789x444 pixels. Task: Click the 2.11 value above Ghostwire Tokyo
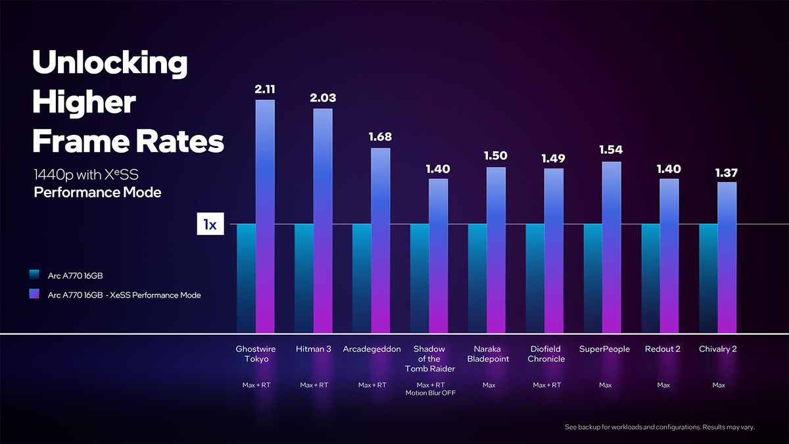[x=265, y=89]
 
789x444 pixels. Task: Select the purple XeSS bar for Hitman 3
[x=323, y=220]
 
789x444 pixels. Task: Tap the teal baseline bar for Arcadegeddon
[x=362, y=278]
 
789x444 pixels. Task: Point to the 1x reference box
[x=210, y=224]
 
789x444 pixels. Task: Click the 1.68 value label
[x=380, y=137]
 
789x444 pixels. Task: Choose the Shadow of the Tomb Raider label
[x=430, y=358]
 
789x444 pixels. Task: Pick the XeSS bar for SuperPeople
[x=611, y=247]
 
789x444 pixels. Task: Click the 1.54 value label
[x=611, y=150]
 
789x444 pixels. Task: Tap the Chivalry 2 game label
[x=718, y=349]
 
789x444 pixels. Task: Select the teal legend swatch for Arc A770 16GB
[x=34, y=275]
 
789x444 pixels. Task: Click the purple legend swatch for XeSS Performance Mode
[x=34, y=294]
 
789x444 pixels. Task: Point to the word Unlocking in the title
[x=110, y=62]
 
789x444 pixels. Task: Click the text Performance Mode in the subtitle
[x=97, y=192]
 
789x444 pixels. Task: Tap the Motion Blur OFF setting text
[x=431, y=393]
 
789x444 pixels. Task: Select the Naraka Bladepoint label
[x=488, y=354]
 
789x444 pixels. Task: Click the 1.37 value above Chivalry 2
[x=727, y=173]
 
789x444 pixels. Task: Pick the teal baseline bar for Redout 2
[x=650, y=278]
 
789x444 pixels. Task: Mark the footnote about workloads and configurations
[x=659, y=427]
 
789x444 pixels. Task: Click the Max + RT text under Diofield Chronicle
[x=546, y=385]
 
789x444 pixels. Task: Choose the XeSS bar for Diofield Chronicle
[x=554, y=251]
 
